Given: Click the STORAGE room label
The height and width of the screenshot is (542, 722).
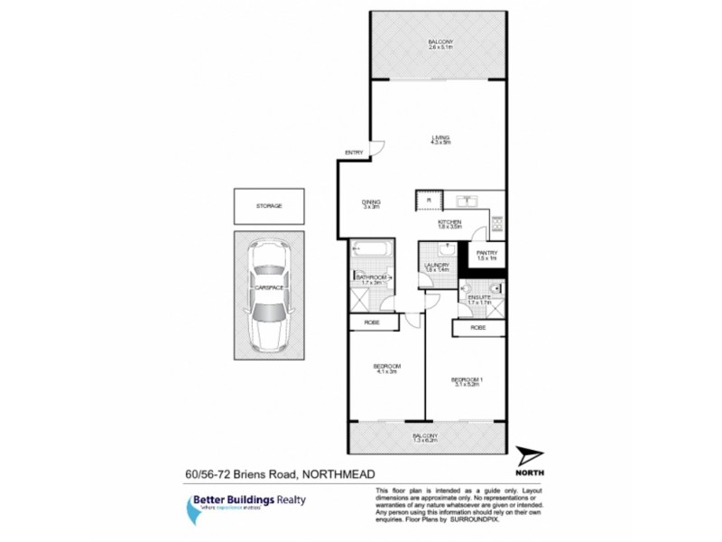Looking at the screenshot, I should pyautogui.click(x=269, y=206).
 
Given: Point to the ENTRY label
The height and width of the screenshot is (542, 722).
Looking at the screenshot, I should pyautogui.click(x=355, y=153).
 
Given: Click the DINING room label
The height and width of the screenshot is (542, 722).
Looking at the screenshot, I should pyautogui.click(x=371, y=201).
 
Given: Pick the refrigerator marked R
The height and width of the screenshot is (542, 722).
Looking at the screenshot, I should pyautogui.click(x=429, y=200).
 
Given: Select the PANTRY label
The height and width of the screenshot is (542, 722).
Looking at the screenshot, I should pyautogui.click(x=487, y=254).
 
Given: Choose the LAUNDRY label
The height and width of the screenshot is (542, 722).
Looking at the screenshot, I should pyautogui.click(x=437, y=266).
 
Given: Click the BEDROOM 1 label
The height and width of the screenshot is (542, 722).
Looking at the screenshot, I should pyautogui.click(x=467, y=380).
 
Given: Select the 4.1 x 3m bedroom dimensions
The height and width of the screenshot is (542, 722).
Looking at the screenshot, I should pyautogui.click(x=387, y=371).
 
